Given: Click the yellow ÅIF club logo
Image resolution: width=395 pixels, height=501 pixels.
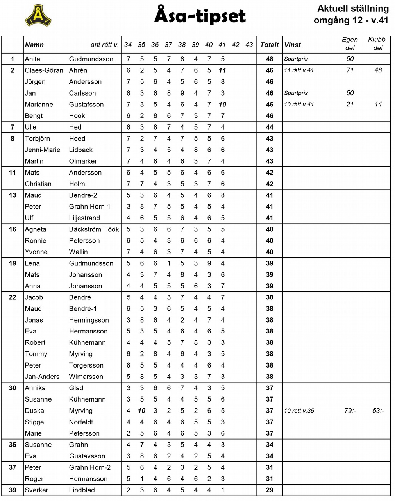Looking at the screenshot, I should pyautogui.click(x=38, y=16).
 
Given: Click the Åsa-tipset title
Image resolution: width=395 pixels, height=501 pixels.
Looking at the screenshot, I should pyautogui.click(x=200, y=16).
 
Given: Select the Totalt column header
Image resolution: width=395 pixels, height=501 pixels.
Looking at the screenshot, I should pyautogui.click(x=269, y=45).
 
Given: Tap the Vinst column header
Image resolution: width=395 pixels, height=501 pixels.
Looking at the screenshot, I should pyautogui.click(x=293, y=45).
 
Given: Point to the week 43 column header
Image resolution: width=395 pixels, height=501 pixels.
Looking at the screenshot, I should pyautogui.click(x=249, y=45).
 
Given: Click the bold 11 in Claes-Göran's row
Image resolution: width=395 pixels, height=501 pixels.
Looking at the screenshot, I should pyautogui.click(x=222, y=70).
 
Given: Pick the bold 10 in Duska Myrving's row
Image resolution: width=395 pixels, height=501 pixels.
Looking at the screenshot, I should pyautogui.click(x=141, y=411).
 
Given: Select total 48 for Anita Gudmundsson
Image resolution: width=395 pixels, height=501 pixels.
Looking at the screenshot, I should pyautogui.click(x=269, y=59).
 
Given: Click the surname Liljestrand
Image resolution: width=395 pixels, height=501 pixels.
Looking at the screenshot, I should pyautogui.click(x=84, y=218).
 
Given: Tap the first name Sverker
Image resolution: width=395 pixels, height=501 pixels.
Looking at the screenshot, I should pyautogui.click(x=36, y=490).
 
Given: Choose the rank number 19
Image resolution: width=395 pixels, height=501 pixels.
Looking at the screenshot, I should pyautogui.click(x=13, y=263).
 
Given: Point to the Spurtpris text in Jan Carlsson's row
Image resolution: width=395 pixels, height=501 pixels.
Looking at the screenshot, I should pyautogui.click(x=296, y=93).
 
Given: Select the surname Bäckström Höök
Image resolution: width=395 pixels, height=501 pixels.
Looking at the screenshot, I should pyautogui.click(x=94, y=229).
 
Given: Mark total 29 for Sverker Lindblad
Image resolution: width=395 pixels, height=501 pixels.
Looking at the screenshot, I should pyautogui.click(x=269, y=490).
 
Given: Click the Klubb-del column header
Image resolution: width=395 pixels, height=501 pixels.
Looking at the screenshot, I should pyautogui.click(x=378, y=43).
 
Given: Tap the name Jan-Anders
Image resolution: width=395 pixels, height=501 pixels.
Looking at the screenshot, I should pyautogui.click(x=42, y=377).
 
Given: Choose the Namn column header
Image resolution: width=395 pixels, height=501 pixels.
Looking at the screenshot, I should pyautogui.click(x=34, y=45).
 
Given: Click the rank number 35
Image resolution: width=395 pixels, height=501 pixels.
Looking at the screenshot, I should pyautogui.click(x=13, y=445).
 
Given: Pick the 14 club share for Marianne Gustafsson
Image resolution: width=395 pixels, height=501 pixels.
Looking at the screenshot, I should pyautogui.click(x=378, y=105).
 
